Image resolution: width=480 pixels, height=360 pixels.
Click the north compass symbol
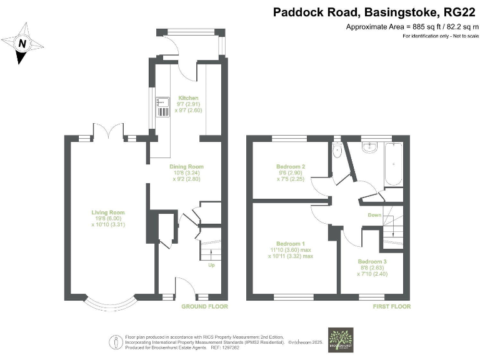point(22,44)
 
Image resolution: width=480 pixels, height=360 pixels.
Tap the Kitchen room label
point(188,98)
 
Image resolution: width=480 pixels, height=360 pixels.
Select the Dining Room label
point(187,167)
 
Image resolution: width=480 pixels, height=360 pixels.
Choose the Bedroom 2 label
point(291,167)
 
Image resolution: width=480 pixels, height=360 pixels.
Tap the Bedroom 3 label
point(372,261)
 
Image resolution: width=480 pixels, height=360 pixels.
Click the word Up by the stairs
point(211,264)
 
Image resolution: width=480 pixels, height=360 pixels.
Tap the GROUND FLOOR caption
point(204,307)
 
